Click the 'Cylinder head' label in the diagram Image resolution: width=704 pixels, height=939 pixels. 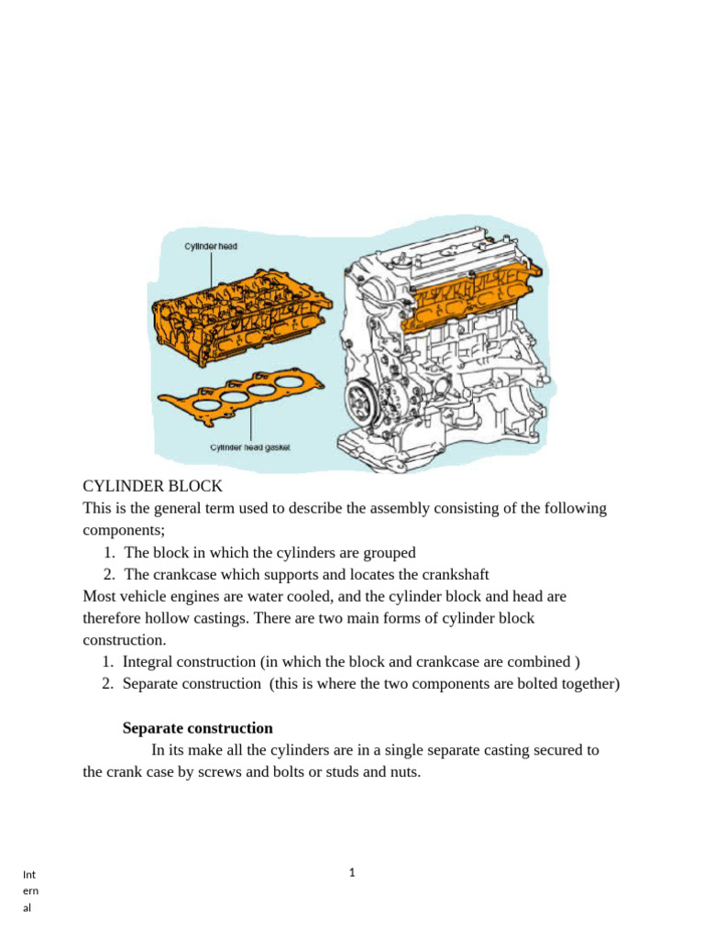(211, 247)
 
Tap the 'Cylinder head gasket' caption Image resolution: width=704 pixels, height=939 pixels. (250, 447)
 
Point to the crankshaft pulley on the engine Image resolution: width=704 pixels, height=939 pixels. (361, 401)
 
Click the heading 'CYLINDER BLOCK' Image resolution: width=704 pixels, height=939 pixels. (153, 486)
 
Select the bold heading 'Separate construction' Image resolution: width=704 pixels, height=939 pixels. (198, 728)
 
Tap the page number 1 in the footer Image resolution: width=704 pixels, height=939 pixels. (352, 872)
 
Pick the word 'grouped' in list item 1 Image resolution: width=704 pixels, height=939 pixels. (389, 552)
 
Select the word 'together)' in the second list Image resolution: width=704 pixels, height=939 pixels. (588, 683)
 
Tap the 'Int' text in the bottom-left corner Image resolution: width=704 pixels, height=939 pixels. (30, 874)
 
